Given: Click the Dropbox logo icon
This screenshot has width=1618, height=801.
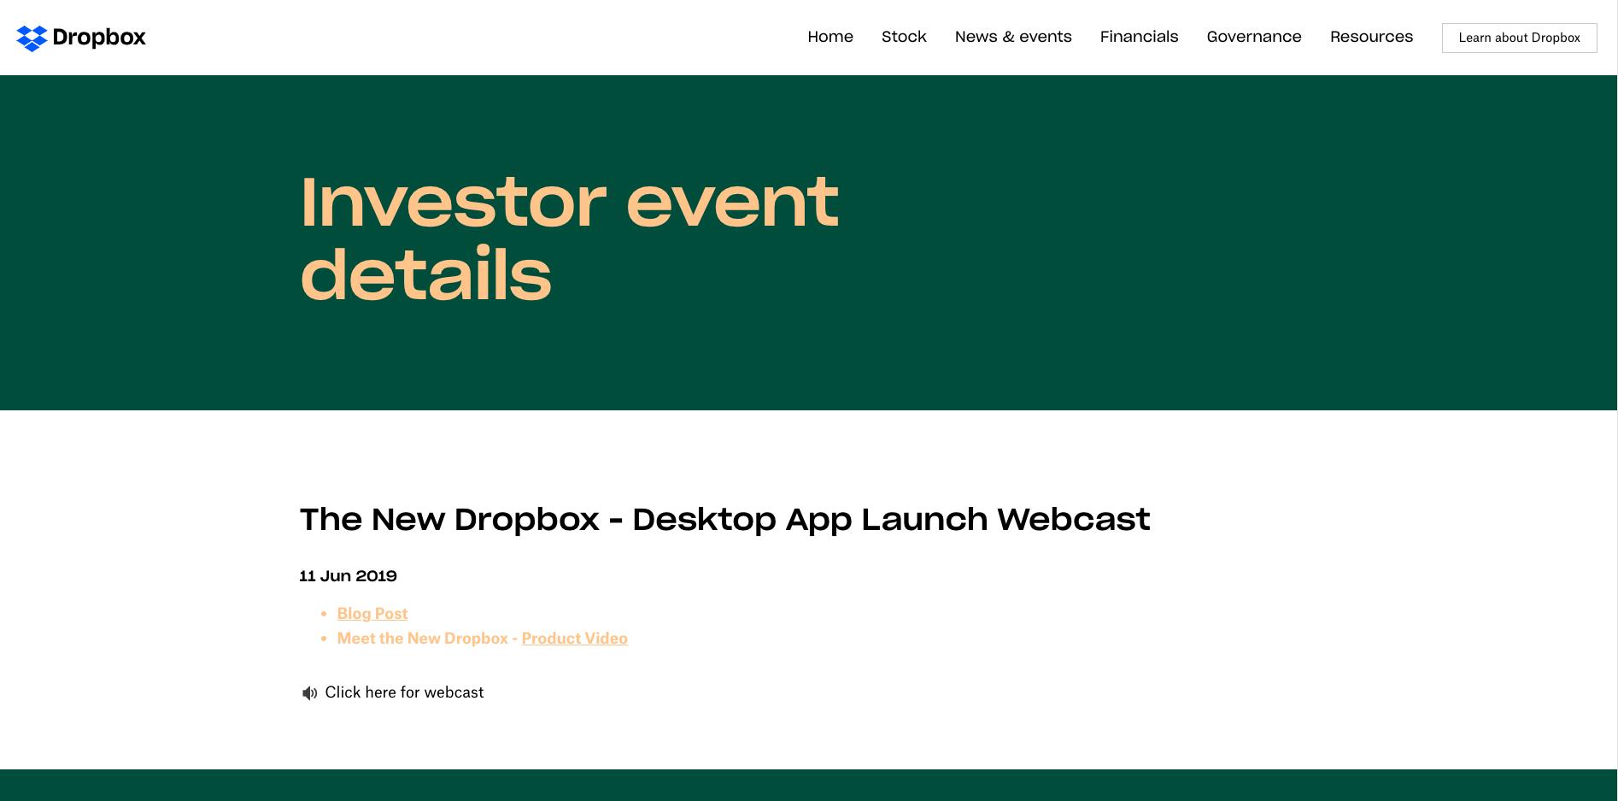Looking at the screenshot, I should pyautogui.click(x=32, y=38).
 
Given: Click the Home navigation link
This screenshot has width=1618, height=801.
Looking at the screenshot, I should pyautogui.click(x=830, y=37).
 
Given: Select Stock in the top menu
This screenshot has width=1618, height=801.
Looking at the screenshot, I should pyautogui.click(x=904, y=37).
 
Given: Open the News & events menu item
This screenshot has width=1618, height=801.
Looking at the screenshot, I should pyautogui.click(x=1013, y=37).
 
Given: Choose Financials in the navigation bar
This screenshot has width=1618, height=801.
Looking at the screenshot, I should pyautogui.click(x=1139, y=37).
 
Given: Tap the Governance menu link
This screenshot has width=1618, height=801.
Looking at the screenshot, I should pyautogui.click(x=1254, y=37).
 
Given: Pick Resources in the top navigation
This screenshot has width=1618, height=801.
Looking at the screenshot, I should pyautogui.click(x=1371, y=37).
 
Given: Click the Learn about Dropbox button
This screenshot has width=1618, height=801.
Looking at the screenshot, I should pyautogui.click(x=1519, y=38).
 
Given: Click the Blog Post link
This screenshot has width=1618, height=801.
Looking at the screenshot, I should pyautogui.click(x=372, y=614).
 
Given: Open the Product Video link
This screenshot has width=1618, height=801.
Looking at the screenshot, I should pyautogui.click(x=575, y=639).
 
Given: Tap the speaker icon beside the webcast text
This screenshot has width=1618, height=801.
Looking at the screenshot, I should pyautogui.click(x=309, y=693).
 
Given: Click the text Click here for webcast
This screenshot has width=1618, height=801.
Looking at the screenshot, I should pyautogui.click(x=404, y=692).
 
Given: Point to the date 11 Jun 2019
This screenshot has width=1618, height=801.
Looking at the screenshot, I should pyautogui.click(x=349, y=576).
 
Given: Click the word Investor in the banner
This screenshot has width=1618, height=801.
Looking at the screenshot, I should pyautogui.click(x=453, y=203).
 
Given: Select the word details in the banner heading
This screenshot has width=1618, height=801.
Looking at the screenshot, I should pyautogui.click(x=425, y=275).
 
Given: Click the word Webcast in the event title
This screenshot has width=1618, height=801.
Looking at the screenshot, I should pyautogui.click(x=1074, y=520).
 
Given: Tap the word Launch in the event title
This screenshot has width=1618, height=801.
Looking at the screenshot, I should pyautogui.click(x=924, y=520).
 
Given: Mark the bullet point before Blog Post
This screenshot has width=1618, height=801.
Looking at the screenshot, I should pyautogui.click(x=324, y=614).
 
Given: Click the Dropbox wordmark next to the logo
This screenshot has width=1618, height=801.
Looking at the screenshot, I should pyautogui.click(x=99, y=38).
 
